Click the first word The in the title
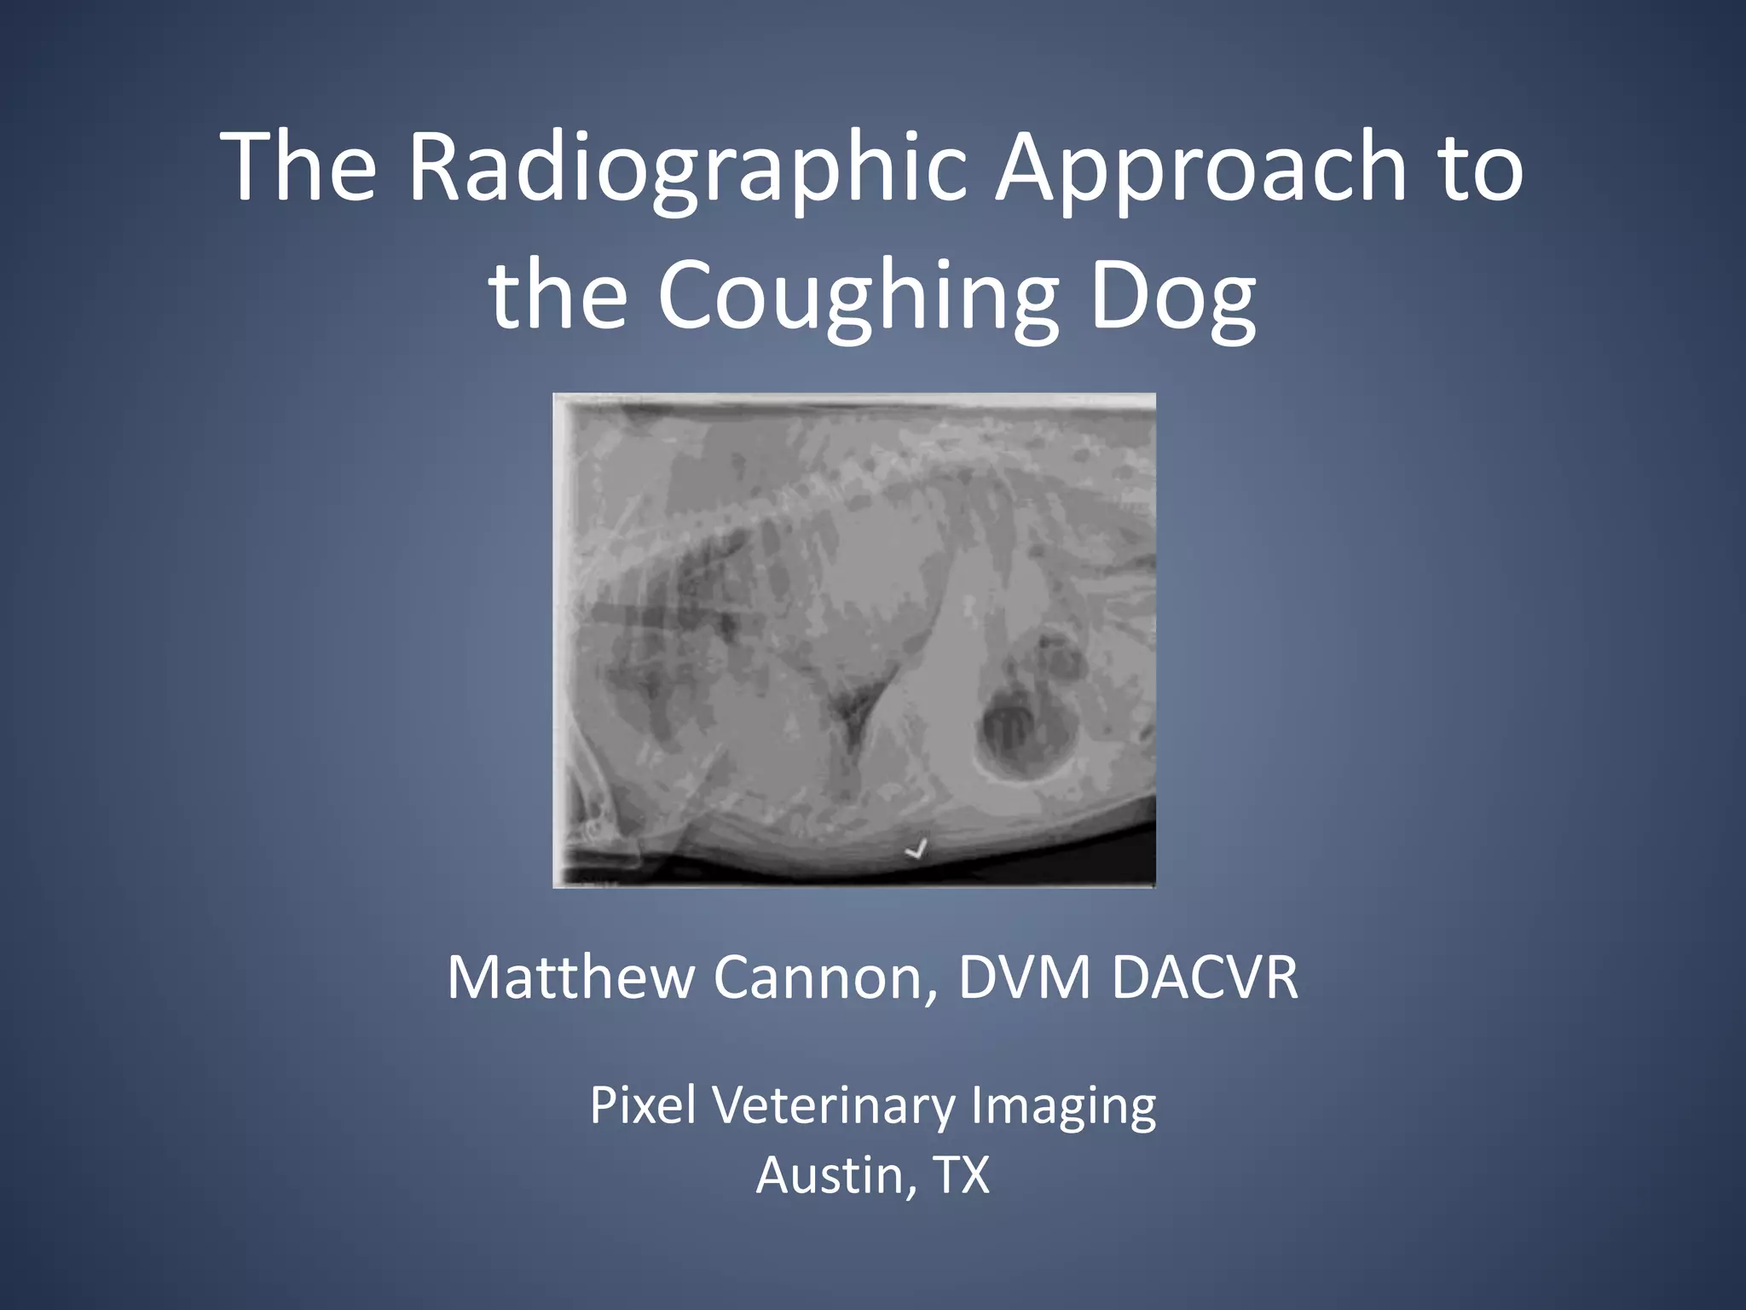tap(298, 167)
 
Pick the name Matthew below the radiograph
tap(569, 977)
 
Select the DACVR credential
tap(1204, 977)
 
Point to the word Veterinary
tap(834, 1105)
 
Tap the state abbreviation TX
tap(962, 1175)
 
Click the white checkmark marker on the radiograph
tap(916, 849)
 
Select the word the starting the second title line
tap(558, 295)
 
